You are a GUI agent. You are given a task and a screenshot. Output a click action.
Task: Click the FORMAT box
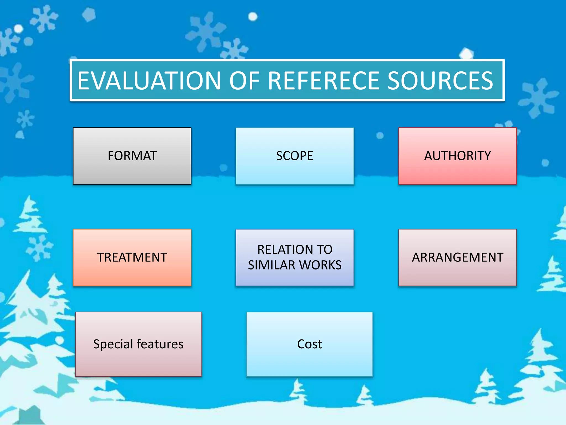click(x=132, y=156)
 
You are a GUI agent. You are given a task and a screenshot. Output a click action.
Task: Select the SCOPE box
click(x=295, y=156)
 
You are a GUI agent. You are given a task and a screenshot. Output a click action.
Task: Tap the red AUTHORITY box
click(x=457, y=156)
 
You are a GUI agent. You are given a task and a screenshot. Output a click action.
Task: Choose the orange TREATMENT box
click(x=132, y=257)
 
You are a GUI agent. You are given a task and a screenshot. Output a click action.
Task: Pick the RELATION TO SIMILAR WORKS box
click(x=295, y=257)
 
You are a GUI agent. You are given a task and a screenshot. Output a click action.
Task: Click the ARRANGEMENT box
click(x=457, y=257)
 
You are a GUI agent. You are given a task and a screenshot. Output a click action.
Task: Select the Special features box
click(x=138, y=344)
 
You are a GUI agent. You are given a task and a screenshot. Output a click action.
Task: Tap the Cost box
click(x=310, y=344)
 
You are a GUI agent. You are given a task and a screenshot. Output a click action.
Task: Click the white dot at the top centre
click(x=253, y=17)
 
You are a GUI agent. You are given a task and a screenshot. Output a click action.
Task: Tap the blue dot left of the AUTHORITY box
click(x=380, y=136)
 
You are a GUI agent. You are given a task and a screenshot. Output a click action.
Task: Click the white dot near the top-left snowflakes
click(x=18, y=28)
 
